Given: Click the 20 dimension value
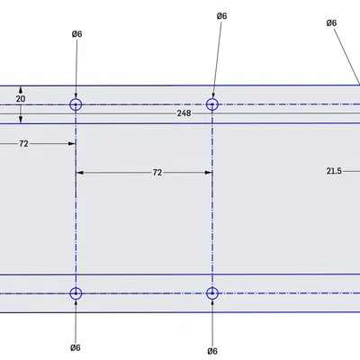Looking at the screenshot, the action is [21, 99].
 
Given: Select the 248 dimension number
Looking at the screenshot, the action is [184, 113].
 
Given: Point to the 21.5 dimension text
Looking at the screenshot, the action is [334, 171].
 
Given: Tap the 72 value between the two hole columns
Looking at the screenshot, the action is [157, 173].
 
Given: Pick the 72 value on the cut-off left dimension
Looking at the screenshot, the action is [23, 144].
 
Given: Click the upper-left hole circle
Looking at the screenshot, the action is [76, 99].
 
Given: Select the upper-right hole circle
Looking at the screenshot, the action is [212, 98].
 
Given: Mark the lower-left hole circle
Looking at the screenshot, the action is [76, 287].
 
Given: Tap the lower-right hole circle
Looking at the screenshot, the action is [212, 287].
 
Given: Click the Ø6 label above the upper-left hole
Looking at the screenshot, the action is [76, 34].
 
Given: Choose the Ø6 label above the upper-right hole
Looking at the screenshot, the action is [221, 16].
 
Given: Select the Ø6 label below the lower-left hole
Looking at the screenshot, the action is [76, 347].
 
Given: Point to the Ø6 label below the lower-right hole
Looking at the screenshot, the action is [212, 351].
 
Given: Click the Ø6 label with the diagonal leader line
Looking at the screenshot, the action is [331, 23].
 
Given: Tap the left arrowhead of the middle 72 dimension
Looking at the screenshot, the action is [80, 173].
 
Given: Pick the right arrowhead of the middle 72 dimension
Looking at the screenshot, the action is [209, 173].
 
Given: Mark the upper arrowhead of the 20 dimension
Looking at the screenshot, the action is [21, 90].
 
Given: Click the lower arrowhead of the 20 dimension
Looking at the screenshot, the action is [21, 120].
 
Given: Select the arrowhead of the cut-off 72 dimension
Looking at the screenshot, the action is [72, 144].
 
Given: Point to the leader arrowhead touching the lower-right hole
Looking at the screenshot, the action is [212, 303].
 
